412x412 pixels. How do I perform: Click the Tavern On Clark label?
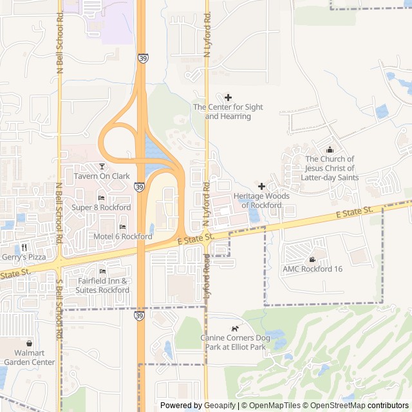click(102, 176)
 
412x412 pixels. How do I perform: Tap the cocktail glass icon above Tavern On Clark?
click(102, 167)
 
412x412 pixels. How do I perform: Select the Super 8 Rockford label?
click(101, 207)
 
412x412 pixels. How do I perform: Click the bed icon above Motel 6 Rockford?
click(122, 227)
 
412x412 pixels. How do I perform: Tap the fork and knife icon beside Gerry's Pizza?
click(24, 247)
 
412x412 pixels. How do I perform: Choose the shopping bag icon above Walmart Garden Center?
click(30, 343)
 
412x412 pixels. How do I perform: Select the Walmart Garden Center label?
click(30, 357)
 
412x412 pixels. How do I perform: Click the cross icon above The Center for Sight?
click(228, 97)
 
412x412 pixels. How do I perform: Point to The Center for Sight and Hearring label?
click(228, 111)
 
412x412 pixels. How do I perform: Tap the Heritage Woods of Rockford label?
click(261, 200)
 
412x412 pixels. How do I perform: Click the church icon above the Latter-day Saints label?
click(330, 149)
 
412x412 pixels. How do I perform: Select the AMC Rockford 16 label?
click(312, 269)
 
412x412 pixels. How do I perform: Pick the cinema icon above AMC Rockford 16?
click(312, 259)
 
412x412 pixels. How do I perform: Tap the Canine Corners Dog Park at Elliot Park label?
click(233, 342)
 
